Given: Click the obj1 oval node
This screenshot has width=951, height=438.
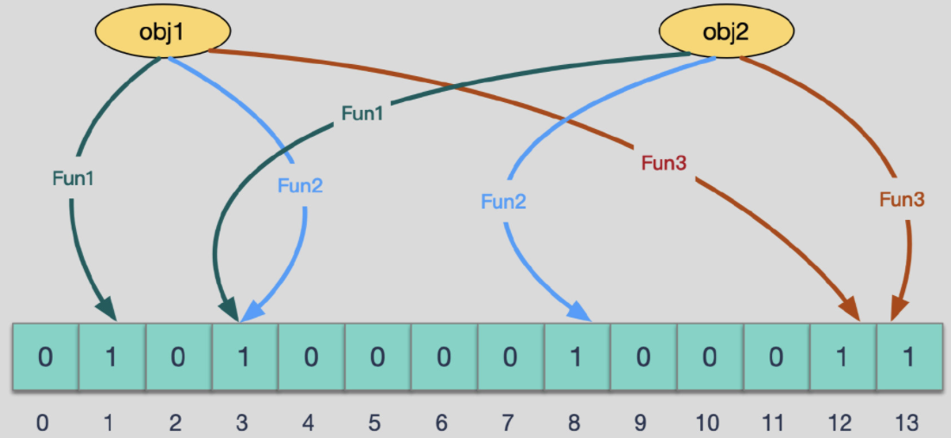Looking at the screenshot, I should tap(163, 33).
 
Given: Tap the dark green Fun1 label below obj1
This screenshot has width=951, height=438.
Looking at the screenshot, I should tap(73, 179).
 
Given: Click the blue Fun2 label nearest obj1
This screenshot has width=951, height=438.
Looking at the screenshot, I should tap(300, 184).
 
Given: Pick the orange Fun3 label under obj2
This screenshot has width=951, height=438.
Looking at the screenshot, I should tap(902, 200).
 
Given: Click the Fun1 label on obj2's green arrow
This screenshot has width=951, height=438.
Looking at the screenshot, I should tap(361, 113).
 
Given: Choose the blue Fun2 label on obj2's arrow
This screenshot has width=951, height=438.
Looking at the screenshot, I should tap(504, 203).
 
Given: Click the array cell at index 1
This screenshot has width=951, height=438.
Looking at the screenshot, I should tap(112, 357).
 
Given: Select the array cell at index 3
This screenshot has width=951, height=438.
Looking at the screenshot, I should tap(244, 357).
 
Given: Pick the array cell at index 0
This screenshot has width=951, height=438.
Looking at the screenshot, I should tap(45, 357).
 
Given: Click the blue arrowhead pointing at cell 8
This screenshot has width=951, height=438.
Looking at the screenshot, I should tap(582, 311).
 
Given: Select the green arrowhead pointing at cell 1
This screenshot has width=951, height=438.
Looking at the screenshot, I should tap(106, 307).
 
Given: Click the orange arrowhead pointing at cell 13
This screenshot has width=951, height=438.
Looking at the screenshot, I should tap(900, 309).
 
